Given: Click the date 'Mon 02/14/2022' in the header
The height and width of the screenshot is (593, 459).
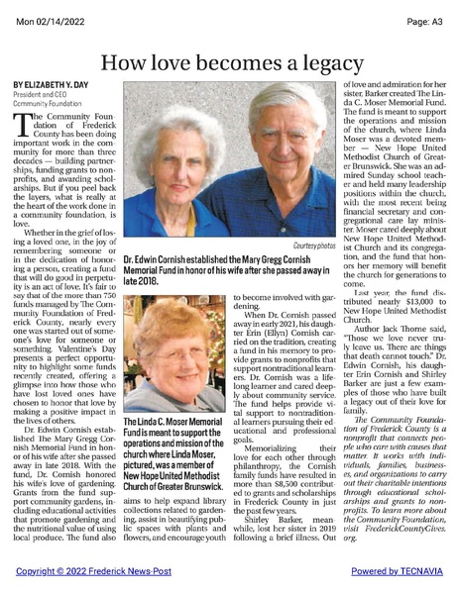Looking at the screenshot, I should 41,9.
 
